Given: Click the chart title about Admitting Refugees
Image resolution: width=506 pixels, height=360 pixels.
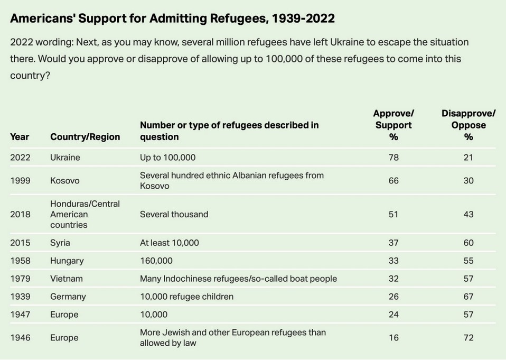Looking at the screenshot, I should (172, 19).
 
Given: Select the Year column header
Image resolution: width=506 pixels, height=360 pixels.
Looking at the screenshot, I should (20, 137).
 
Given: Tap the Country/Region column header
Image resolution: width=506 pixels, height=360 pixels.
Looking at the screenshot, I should (85, 137).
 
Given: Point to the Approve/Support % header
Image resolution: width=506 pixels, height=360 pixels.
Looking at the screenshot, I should (393, 125).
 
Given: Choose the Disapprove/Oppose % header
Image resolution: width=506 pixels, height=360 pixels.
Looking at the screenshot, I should (468, 125).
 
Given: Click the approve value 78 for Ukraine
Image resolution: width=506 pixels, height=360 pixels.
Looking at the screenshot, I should (393, 158).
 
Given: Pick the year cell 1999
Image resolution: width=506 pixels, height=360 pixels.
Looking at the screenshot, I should (21, 181).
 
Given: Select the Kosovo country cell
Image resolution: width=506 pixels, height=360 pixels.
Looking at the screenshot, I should (65, 181).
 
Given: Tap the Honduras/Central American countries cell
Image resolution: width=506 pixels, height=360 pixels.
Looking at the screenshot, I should (85, 214).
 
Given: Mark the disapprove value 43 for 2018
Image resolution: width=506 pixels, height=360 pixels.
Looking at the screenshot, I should (468, 215).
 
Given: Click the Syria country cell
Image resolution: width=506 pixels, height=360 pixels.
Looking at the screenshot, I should (60, 243).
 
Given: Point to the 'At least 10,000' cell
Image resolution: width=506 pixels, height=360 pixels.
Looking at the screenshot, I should (169, 243).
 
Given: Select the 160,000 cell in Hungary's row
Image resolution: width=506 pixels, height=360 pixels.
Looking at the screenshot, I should (156, 261).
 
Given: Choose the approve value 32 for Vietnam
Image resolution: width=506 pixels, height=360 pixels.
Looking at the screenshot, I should (393, 279).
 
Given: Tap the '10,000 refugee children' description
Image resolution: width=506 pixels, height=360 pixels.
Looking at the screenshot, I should (186, 297).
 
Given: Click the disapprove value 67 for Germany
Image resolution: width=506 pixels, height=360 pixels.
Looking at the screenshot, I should (468, 297).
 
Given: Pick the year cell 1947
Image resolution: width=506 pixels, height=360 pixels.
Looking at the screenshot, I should (21, 315).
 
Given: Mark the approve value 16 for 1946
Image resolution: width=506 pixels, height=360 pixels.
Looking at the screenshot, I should (393, 338).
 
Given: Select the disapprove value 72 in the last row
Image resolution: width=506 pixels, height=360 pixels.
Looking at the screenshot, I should (468, 338).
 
